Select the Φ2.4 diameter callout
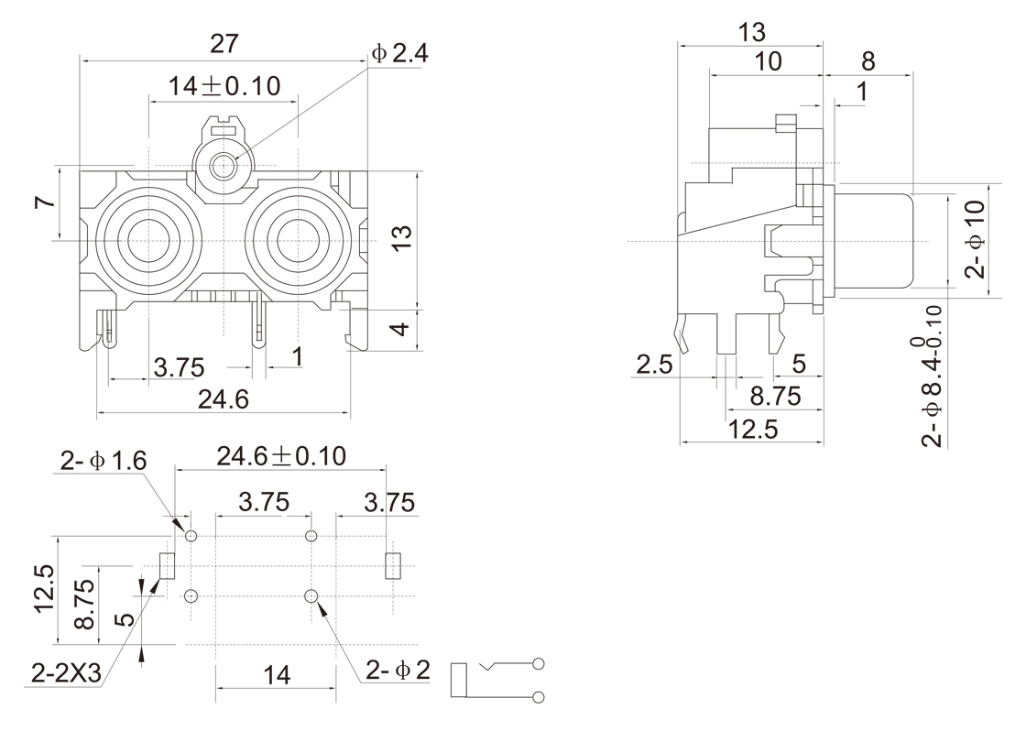tap(400, 54)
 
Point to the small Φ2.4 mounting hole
tap(223, 167)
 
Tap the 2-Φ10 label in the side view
tap(977, 238)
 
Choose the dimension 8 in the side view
tap(868, 61)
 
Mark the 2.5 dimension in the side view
tap(653, 365)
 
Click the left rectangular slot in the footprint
tap(167, 565)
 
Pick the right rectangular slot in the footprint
tap(392, 565)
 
